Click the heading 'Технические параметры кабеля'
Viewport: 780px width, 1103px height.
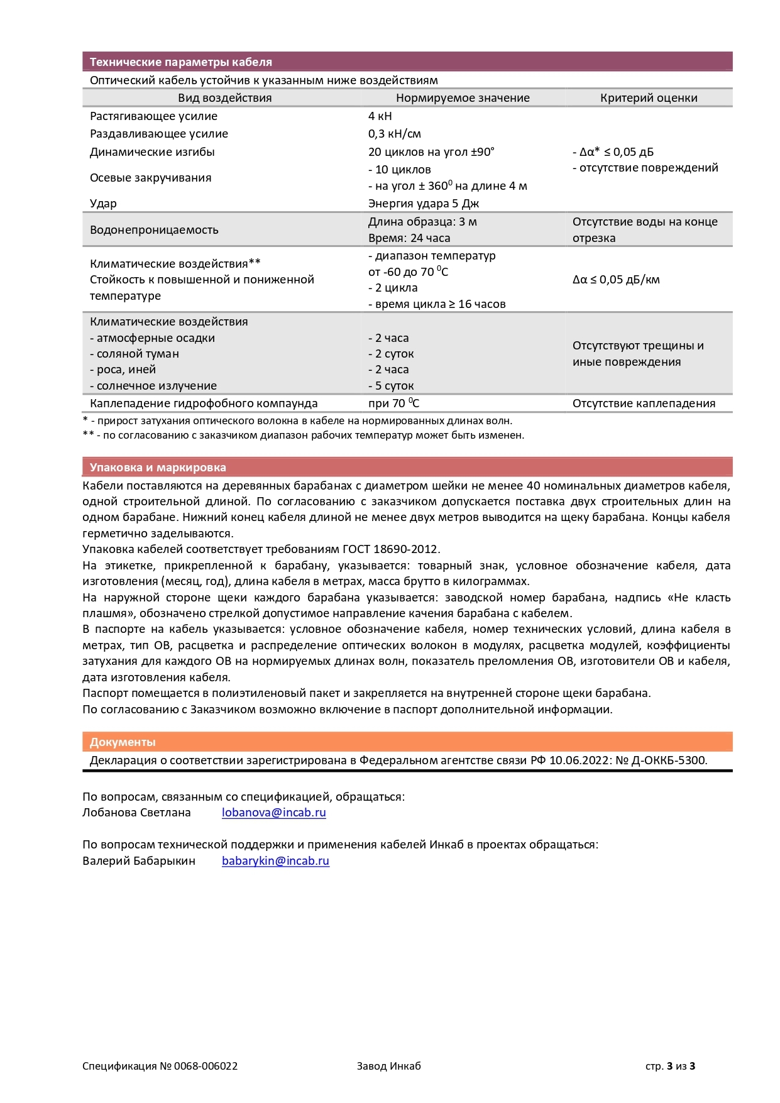point(180,62)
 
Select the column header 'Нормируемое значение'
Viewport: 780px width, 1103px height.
point(463,98)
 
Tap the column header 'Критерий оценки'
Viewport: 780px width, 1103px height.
point(649,98)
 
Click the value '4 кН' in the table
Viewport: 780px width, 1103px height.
point(380,116)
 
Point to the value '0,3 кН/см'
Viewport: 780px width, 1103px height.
point(395,134)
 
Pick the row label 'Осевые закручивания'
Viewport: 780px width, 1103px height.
point(151,178)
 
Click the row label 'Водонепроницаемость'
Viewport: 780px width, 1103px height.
point(154,230)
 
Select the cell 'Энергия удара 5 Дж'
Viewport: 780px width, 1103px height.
point(424,204)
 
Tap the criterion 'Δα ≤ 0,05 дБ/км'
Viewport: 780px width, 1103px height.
point(616,280)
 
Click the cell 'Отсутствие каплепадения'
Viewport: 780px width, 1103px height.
point(644,403)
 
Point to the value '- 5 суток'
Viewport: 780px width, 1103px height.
point(391,386)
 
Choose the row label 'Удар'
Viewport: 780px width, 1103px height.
point(103,204)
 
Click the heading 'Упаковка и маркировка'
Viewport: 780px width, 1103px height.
point(158,468)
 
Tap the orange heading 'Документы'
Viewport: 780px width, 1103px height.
point(123,742)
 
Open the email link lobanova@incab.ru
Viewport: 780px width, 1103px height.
point(274,813)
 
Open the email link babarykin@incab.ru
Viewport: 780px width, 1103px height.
point(275,861)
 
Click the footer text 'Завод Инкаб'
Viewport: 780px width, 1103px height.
point(388,1066)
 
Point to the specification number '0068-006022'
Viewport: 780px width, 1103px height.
point(206,1066)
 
